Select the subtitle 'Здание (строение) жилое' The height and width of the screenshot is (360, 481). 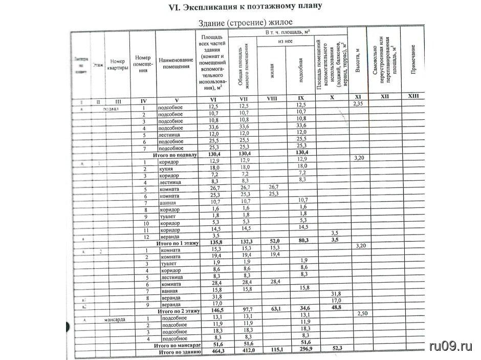pos(245,23)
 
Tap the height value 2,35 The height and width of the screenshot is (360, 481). pos(358,104)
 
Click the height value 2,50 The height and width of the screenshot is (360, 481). pos(362,313)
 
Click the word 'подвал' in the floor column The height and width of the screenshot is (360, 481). pos(111,109)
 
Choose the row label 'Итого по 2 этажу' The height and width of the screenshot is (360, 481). pos(177,311)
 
